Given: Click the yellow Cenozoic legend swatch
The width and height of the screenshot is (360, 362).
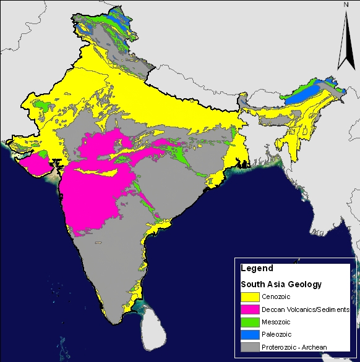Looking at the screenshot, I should coord(251,297).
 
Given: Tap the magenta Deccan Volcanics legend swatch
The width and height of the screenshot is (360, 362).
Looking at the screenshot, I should coord(251,309).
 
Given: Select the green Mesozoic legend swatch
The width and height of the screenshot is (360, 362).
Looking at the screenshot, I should coord(251,322).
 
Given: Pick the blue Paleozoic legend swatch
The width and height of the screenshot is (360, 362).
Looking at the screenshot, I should coord(251,334).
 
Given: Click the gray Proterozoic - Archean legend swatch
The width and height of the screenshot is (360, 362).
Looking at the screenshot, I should coord(251,347).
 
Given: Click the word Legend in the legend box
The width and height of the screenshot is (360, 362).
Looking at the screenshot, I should coord(255,269).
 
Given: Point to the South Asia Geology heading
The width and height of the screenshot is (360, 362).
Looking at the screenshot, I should coord(281,284).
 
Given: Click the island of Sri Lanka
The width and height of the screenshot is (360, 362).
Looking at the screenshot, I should coord(153,327).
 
